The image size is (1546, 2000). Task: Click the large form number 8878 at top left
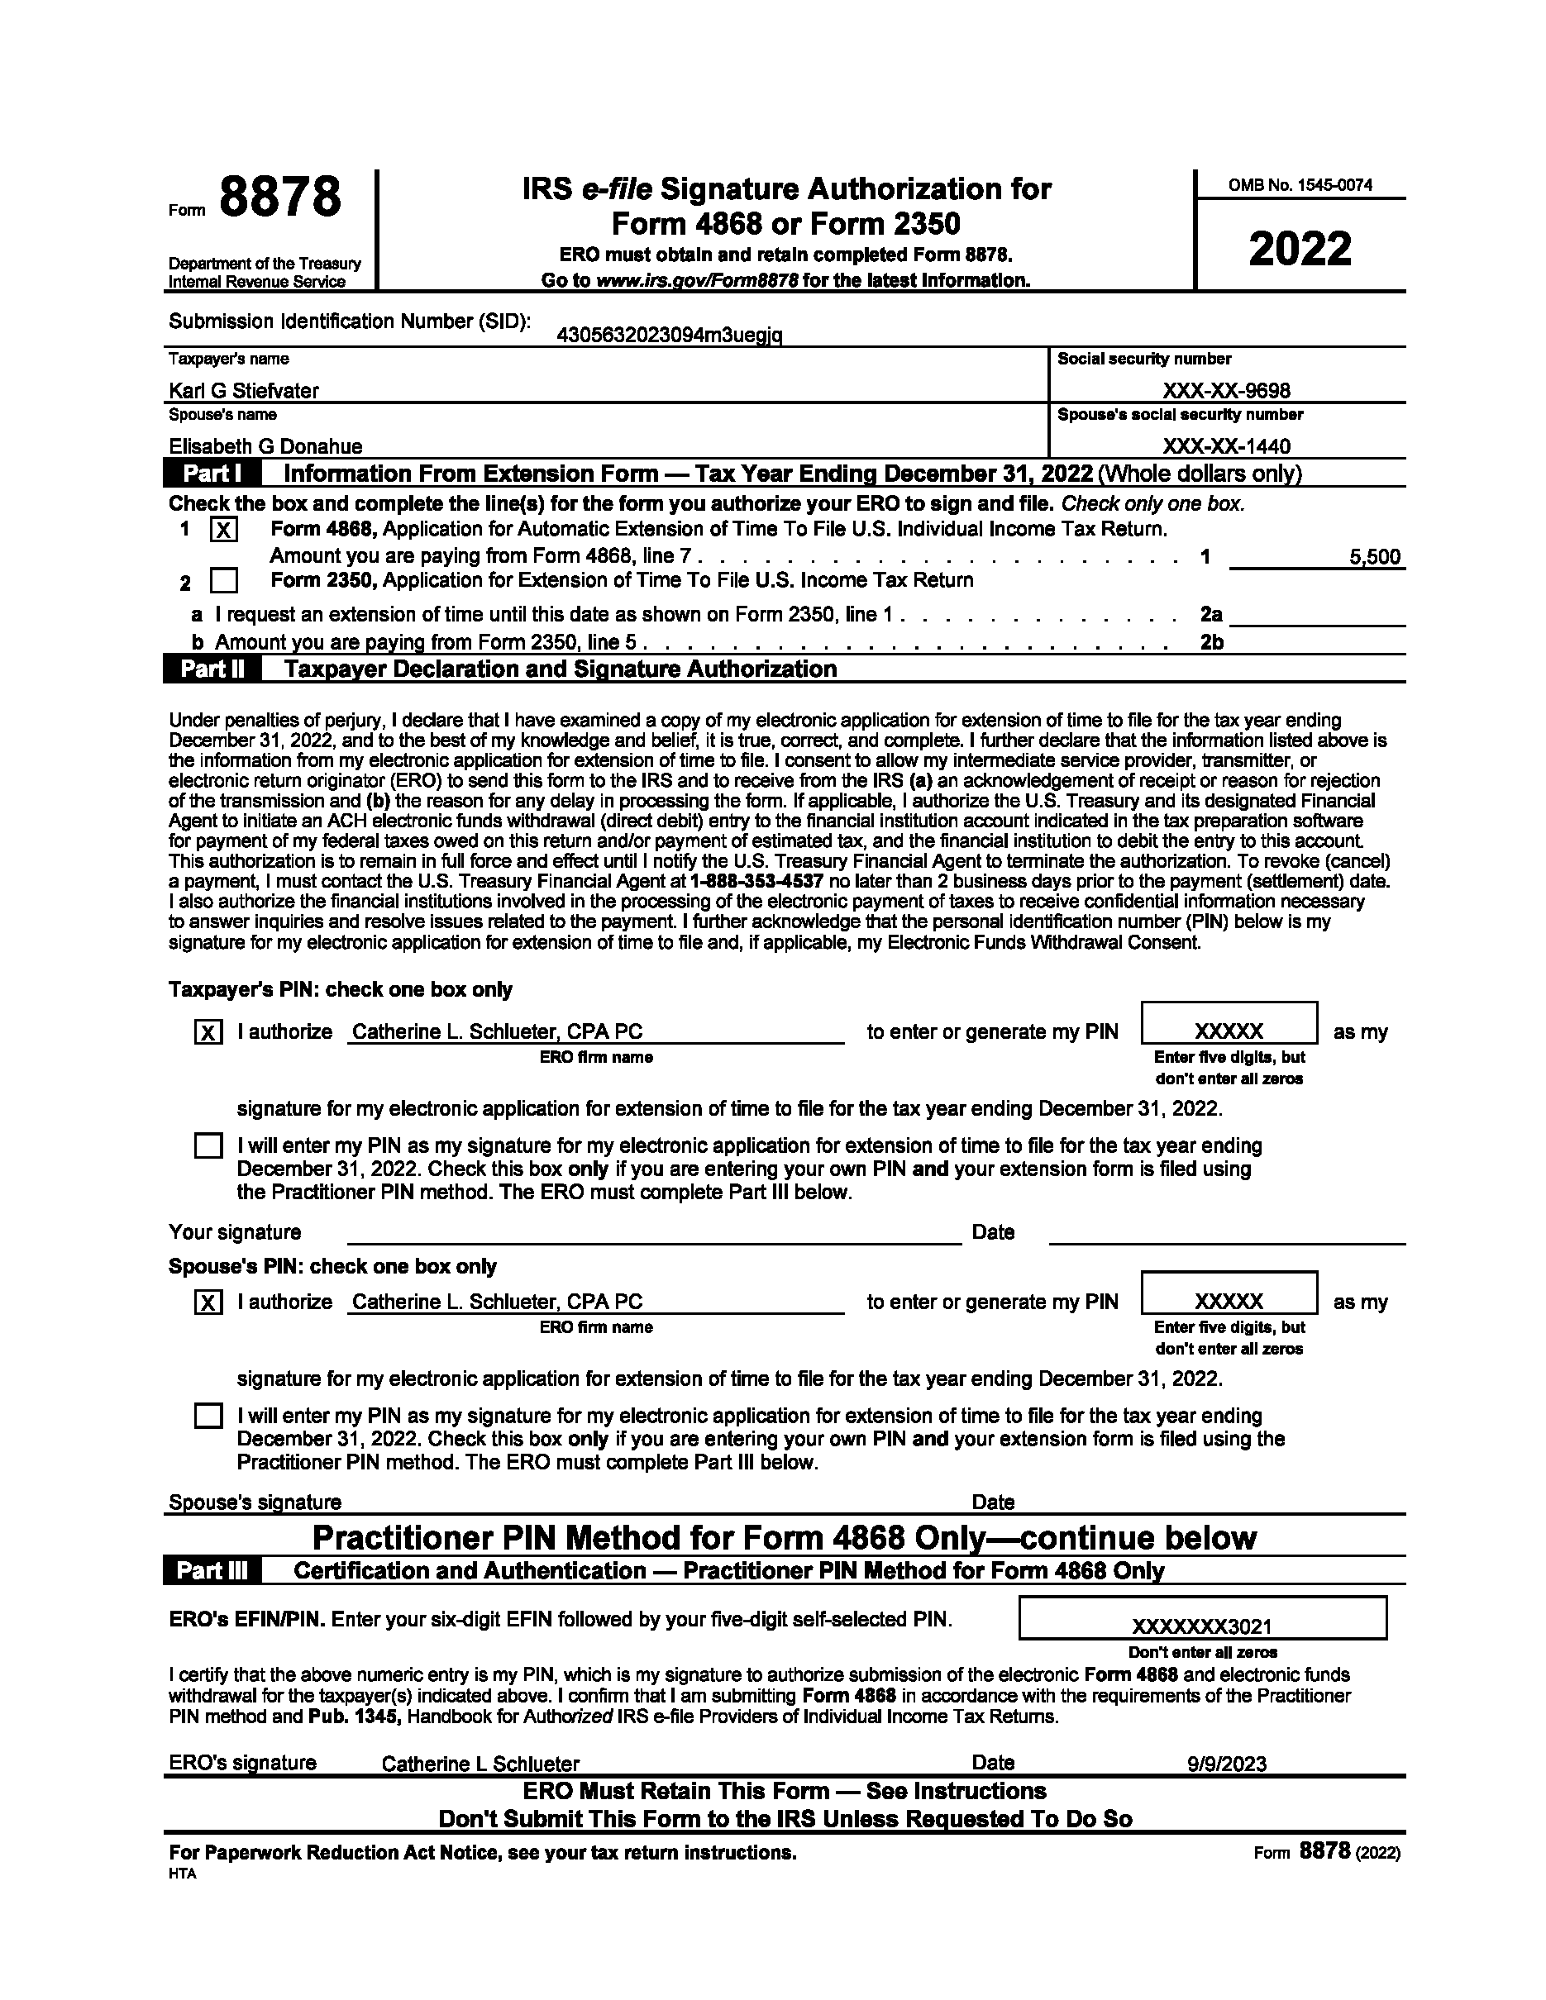[280, 198]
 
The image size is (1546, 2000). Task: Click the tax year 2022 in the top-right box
[1300, 249]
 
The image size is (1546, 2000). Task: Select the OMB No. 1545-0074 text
[1300, 185]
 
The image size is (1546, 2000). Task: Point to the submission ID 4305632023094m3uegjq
[669, 336]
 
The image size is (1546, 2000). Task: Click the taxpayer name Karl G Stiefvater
[244, 391]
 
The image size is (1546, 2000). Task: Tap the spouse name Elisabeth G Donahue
[265, 447]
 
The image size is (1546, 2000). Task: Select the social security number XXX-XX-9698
[1226, 391]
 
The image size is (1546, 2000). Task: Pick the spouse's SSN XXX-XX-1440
[1226, 447]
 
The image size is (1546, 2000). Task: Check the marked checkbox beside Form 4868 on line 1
[223, 531]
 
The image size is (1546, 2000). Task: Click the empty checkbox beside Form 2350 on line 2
[223, 582]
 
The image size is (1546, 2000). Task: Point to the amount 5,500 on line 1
[1375, 557]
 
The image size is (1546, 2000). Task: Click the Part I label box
[212, 474]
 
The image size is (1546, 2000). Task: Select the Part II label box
[212, 669]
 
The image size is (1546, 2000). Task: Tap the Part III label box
[212, 1571]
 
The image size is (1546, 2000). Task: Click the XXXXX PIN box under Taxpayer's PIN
[1229, 1031]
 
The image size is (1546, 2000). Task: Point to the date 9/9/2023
[1226, 1764]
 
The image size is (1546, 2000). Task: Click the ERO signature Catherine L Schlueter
[480, 1764]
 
